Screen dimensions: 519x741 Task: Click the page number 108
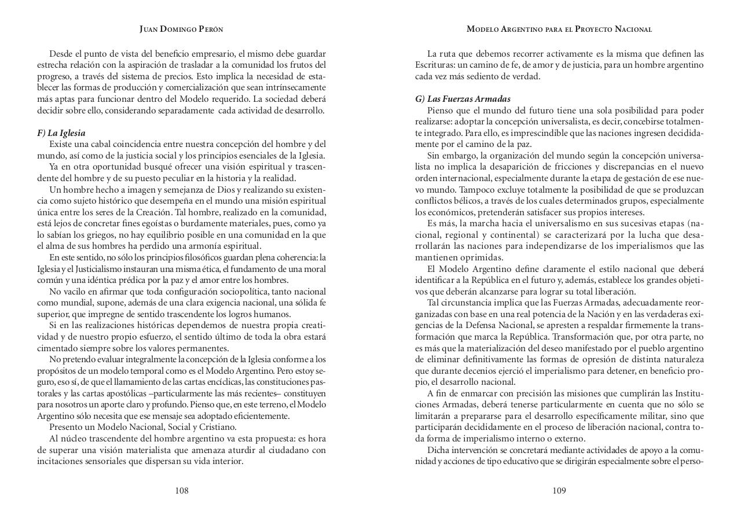(182, 491)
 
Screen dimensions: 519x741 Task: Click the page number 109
(559, 491)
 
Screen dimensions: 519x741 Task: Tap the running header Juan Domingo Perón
(181, 29)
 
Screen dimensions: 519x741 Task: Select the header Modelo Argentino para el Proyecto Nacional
(559, 29)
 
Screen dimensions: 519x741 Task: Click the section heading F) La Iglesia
(61, 133)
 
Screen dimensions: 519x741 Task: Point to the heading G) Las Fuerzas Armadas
(463, 99)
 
